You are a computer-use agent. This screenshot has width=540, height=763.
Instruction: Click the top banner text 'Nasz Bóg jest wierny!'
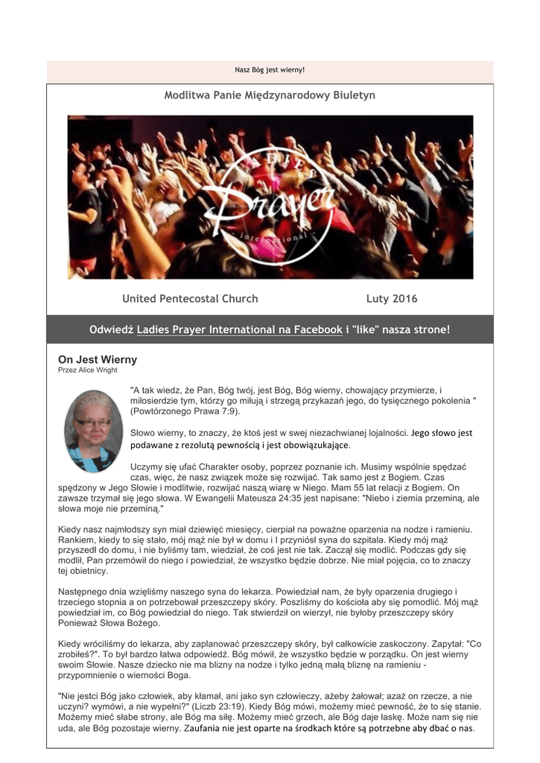point(270,70)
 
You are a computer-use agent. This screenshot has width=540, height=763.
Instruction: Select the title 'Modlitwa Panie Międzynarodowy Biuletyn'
point(270,95)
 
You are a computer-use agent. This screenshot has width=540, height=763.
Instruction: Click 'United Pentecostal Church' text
point(190,299)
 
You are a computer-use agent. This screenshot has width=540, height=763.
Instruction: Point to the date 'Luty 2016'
point(392,299)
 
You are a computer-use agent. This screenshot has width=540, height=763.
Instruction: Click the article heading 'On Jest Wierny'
point(98,359)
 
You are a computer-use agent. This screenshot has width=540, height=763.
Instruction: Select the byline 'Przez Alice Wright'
point(88,370)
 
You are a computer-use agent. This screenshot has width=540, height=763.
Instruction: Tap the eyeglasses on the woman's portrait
point(93,422)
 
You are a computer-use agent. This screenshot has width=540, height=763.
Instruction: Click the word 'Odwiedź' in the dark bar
point(111,329)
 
